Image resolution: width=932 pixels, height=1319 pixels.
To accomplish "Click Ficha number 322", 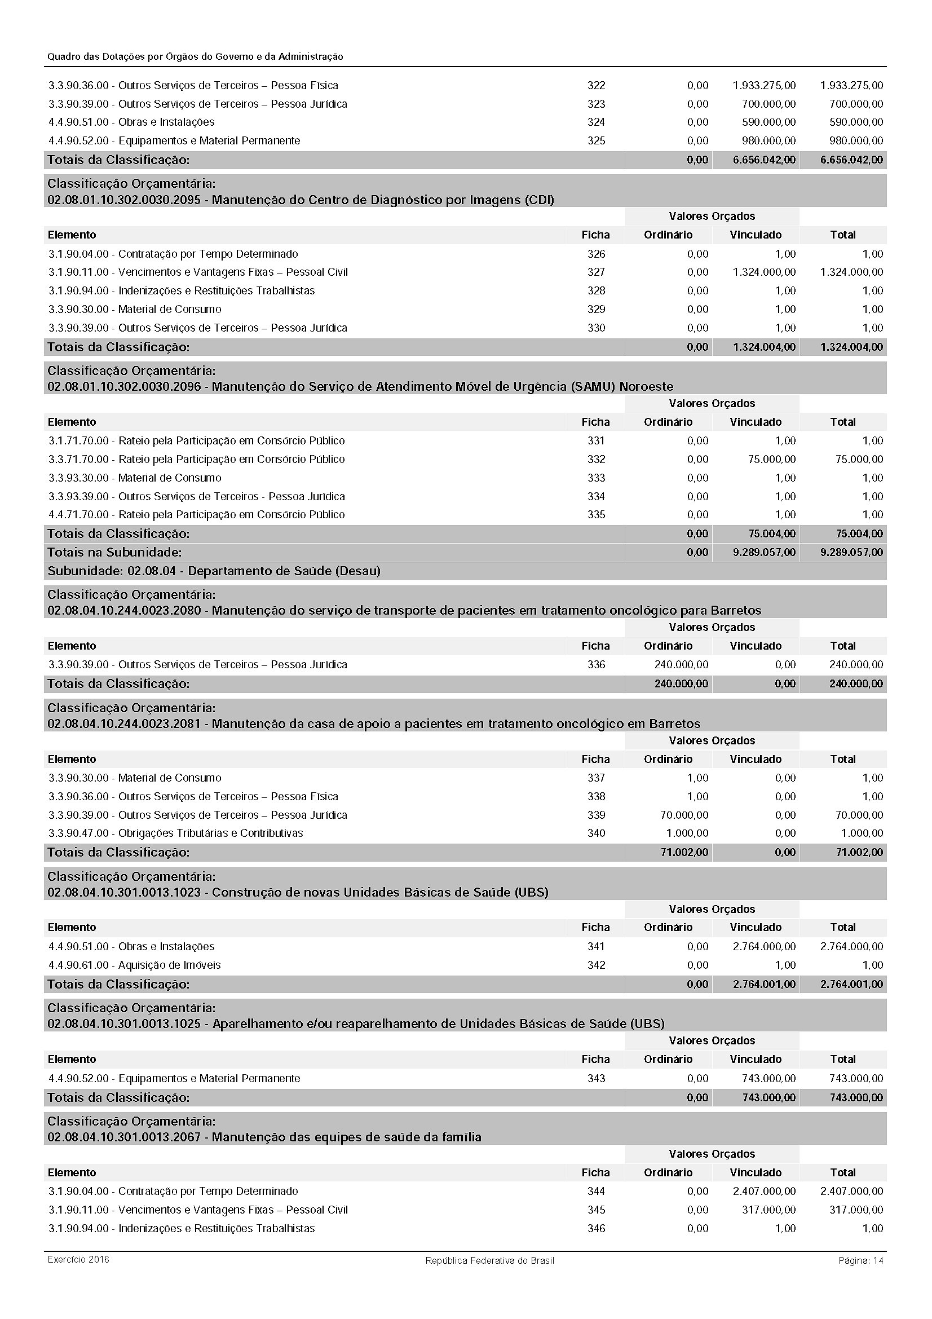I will point(596,86).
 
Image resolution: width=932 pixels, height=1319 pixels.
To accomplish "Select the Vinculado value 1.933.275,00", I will point(764,86).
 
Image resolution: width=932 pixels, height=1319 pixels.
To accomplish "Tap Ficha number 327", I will point(596,272).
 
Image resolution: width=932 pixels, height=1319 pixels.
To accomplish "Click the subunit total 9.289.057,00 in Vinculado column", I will point(764,553).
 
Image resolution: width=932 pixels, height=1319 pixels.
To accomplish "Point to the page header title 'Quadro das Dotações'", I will point(195,57).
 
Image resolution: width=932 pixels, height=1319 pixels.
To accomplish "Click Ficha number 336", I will point(596,665).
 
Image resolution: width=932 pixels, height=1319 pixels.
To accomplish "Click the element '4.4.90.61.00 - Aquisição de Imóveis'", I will point(134,965).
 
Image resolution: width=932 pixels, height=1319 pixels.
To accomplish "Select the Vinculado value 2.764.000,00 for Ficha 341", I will point(764,947).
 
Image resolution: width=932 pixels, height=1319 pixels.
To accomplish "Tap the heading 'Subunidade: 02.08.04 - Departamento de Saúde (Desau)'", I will point(214,571).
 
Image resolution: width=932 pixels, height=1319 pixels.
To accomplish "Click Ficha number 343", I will point(596,1079).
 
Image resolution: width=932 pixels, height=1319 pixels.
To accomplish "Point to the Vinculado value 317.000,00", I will point(768,1210).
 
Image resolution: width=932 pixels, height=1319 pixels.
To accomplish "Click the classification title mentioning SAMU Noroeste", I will point(360,387).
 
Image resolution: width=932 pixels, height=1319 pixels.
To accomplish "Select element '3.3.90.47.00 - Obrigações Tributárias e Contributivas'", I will point(176,833).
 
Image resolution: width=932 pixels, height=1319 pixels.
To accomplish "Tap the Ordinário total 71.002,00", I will point(684,853).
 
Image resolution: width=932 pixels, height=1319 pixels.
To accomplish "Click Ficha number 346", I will point(596,1229).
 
